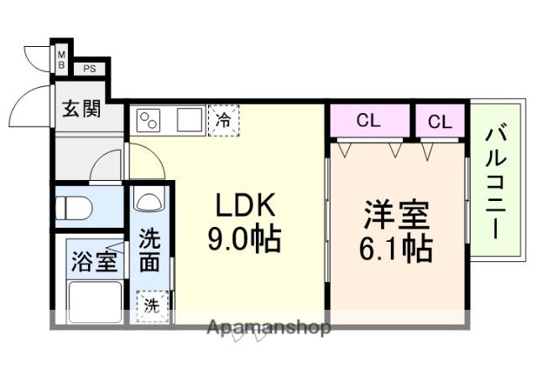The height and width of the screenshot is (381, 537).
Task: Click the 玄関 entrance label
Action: point(81,108)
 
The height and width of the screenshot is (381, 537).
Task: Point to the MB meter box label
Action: point(62,60)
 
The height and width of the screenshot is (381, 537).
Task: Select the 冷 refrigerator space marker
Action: point(223,120)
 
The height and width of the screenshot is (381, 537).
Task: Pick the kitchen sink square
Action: point(190,120)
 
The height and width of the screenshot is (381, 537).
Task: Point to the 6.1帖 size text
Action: point(398,249)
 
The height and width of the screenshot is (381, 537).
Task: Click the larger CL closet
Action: point(369,121)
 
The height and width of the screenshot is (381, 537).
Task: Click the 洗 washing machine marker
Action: point(152,304)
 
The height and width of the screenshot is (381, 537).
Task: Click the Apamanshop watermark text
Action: point(268,327)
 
